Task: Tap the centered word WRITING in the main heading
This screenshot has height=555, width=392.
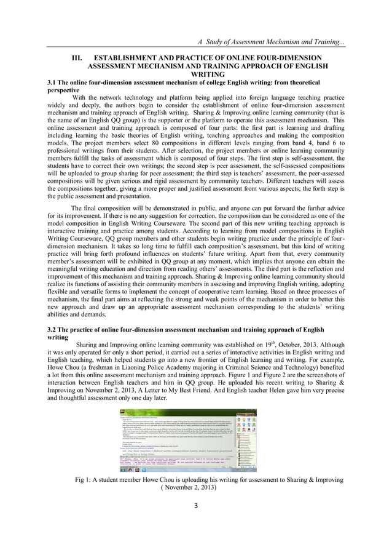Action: (195, 73)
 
